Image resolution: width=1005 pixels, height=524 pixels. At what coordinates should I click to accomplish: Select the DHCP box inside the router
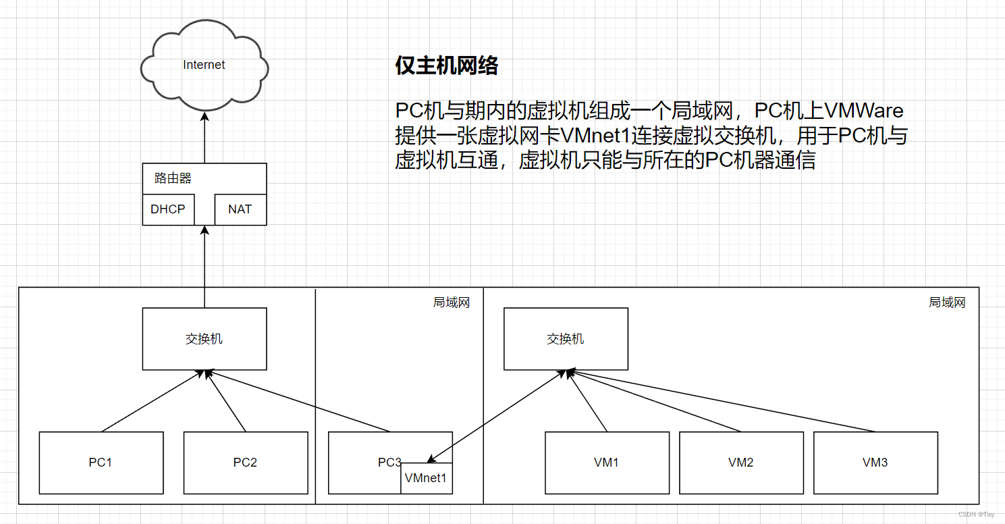(x=168, y=209)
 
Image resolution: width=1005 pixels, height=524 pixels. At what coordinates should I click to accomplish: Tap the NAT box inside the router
(x=240, y=209)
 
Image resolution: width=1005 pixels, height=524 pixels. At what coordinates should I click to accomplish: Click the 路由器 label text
(x=173, y=178)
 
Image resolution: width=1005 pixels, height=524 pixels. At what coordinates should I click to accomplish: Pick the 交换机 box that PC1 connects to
(x=204, y=339)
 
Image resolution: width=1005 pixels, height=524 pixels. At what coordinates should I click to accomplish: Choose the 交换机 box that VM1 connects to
(x=566, y=339)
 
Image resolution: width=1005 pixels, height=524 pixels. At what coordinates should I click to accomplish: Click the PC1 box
(x=101, y=463)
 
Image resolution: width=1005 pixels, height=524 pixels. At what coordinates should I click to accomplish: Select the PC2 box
(x=245, y=463)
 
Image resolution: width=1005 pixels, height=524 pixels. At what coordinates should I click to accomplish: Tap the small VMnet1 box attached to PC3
(x=427, y=478)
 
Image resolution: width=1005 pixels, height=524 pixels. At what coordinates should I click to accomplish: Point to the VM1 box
(x=607, y=463)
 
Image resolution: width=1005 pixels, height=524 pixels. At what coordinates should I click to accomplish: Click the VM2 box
(x=741, y=463)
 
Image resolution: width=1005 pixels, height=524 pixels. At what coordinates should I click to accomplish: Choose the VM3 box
(x=875, y=463)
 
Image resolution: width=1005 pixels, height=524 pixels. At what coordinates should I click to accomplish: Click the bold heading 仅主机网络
(x=446, y=65)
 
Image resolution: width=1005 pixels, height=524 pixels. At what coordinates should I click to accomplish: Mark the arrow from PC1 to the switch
(x=152, y=401)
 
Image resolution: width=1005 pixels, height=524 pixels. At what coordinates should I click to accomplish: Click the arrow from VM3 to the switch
(x=722, y=401)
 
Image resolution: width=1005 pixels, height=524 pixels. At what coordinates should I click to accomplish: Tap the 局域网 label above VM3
(x=947, y=303)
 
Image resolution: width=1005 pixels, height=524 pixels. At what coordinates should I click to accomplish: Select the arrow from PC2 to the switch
(x=225, y=401)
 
